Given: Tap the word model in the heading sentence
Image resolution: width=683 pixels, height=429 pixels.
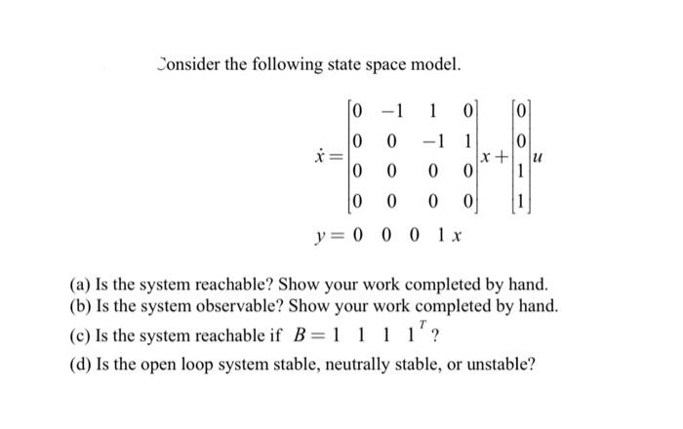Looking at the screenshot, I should pos(431,65).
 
